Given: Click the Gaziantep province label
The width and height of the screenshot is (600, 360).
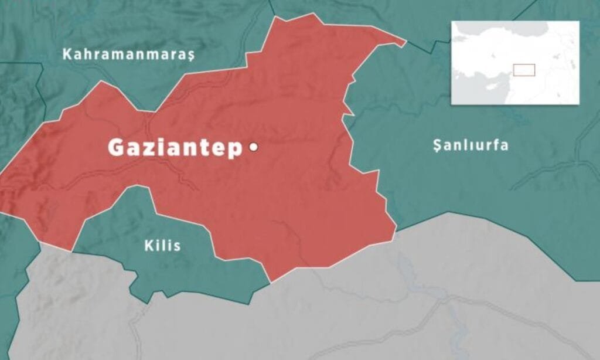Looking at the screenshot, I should click(175, 148).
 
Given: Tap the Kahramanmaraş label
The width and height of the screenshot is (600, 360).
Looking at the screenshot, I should click(128, 55).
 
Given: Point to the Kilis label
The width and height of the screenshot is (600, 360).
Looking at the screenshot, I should click(162, 246).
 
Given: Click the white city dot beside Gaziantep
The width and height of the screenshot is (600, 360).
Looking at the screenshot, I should click(254, 148).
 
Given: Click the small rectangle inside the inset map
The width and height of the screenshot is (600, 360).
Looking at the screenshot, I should click(524, 70).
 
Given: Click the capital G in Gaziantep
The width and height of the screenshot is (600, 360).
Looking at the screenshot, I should click(117, 148).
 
